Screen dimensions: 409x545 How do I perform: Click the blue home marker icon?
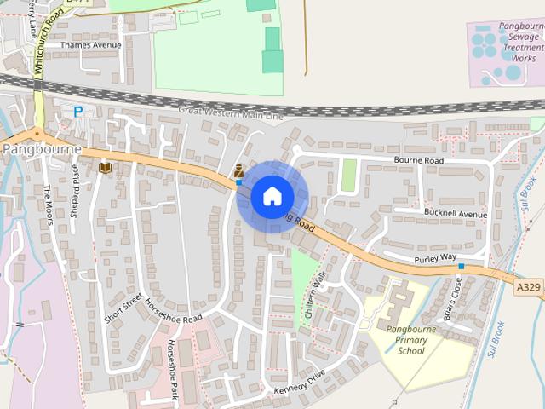[272, 196]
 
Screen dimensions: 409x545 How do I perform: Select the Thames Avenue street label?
[91, 45]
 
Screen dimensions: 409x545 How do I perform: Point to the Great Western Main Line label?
[231, 112]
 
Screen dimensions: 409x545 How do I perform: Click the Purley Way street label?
[436, 256]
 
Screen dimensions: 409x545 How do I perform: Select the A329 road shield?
[528, 288]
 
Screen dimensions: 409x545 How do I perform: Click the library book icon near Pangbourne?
[105, 168]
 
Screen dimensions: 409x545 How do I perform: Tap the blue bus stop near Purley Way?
[461, 267]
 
